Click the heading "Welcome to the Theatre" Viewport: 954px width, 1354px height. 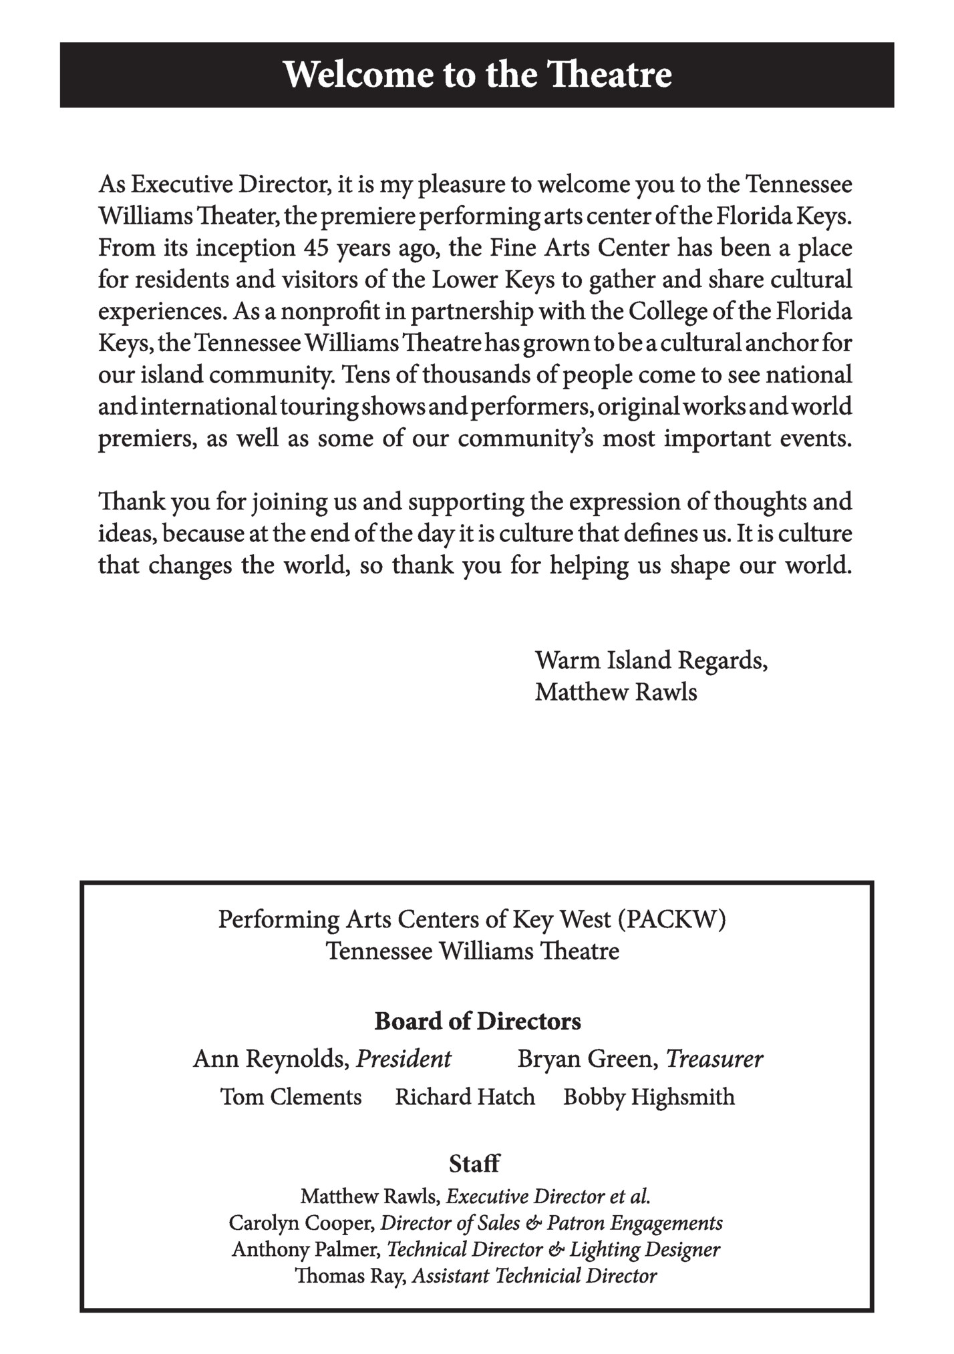(x=477, y=74)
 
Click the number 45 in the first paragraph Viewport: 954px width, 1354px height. (x=317, y=248)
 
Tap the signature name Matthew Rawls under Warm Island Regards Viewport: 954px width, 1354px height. (x=615, y=692)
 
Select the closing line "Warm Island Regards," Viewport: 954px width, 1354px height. (x=651, y=660)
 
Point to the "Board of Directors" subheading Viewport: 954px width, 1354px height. (x=477, y=1021)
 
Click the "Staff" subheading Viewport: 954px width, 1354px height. (x=474, y=1164)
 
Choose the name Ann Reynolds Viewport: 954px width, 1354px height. (x=271, y=1059)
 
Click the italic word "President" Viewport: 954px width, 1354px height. (x=404, y=1059)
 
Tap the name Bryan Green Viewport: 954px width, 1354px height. (x=587, y=1059)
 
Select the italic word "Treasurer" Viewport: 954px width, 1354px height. (x=714, y=1059)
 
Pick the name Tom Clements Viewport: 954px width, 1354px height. (x=291, y=1097)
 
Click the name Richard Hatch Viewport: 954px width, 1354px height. (x=465, y=1097)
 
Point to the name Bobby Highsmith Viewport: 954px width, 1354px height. (x=649, y=1097)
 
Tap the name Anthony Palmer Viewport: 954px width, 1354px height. (x=307, y=1249)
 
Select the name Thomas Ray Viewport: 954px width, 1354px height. (x=350, y=1276)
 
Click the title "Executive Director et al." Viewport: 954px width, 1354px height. (x=548, y=1196)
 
